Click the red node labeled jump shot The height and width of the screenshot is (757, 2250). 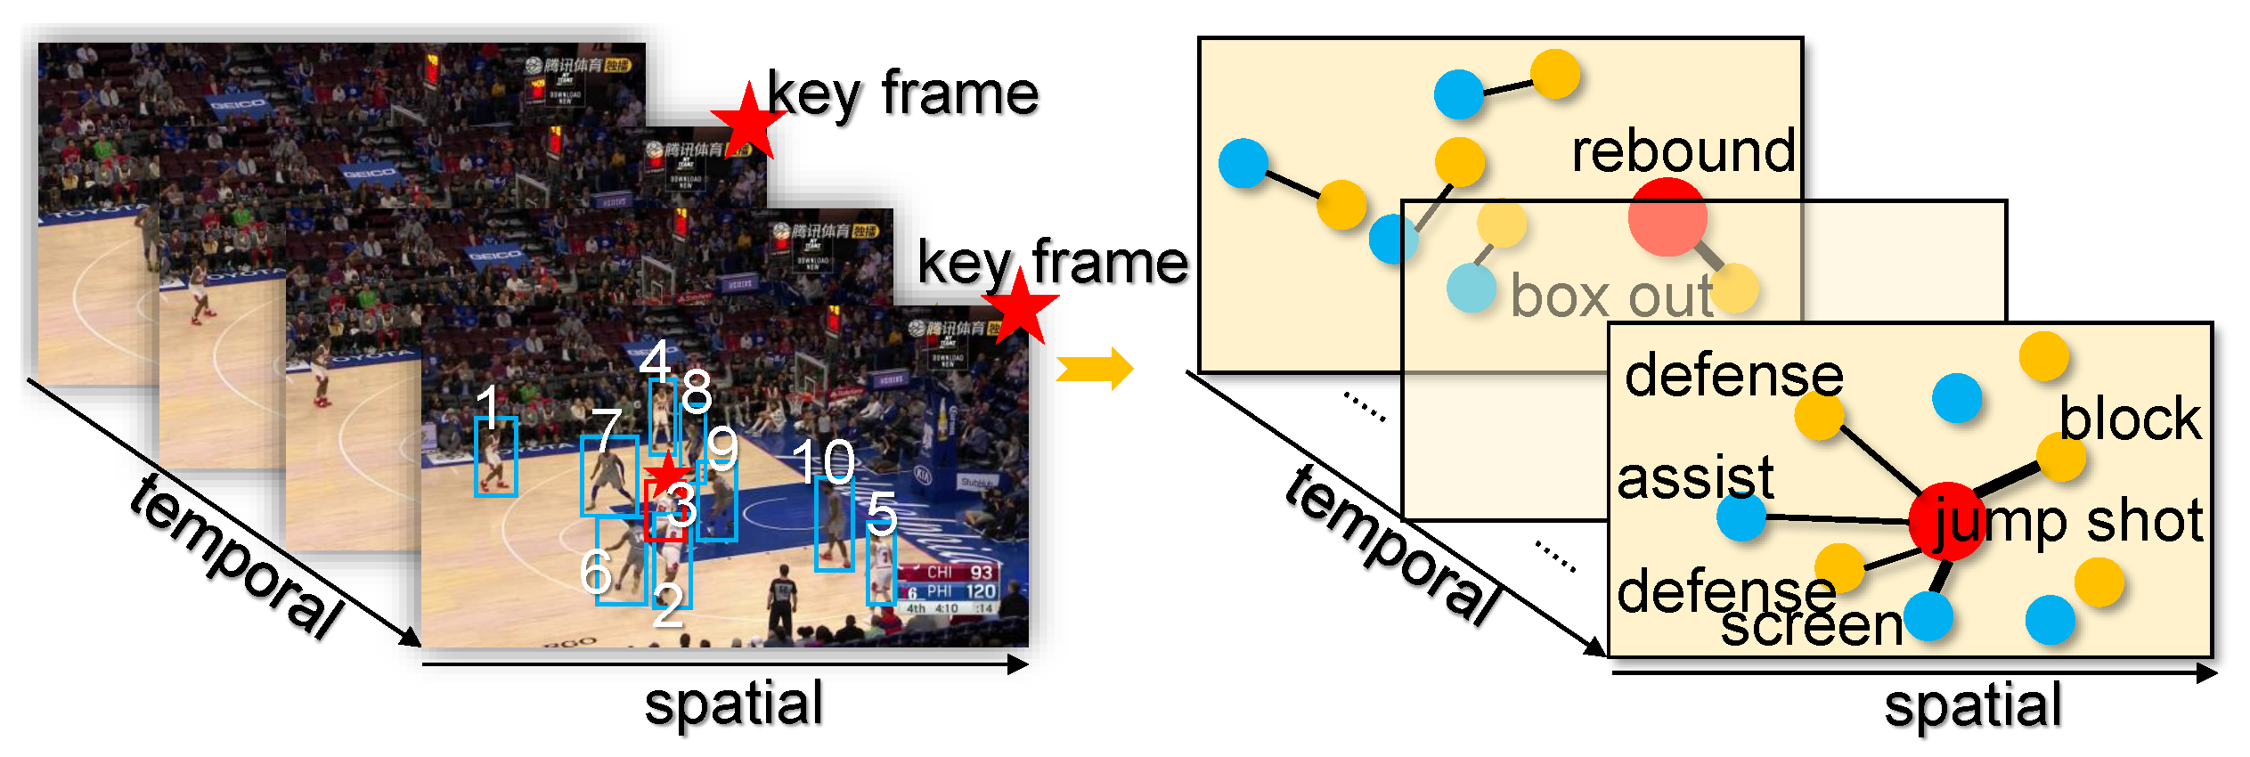tap(1946, 521)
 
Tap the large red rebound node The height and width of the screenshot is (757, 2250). tap(1667, 216)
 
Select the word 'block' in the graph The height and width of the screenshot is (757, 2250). tap(2130, 419)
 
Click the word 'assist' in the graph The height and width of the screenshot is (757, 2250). tap(1695, 478)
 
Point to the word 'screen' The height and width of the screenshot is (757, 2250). tap(1811, 625)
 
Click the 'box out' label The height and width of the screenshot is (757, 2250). tap(1611, 296)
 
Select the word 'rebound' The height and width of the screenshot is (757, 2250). tap(1683, 151)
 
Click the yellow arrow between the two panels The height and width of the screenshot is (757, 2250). tap(1095, 368)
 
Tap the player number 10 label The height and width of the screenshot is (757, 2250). tap(823, 461)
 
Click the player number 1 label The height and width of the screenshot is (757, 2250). tap(487, 406)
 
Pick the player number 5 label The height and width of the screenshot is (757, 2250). tap(881, 514)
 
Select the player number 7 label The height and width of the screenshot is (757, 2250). tap(607, 431)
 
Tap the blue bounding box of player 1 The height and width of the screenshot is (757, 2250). tap(496, 457)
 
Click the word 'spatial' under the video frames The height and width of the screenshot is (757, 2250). tap(733, 704)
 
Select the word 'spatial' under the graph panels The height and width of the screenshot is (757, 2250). tap(1973, 705)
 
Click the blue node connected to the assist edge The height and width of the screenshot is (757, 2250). tap(1741, 517)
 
